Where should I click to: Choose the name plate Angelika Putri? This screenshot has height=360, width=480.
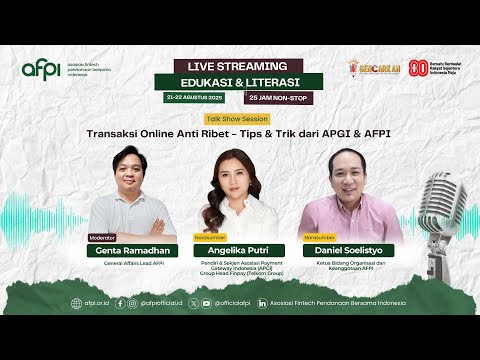(x=239, y=253)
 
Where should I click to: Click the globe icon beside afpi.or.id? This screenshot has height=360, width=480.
(x=75, y=303)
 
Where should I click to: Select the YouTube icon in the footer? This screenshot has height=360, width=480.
(x=206, y=303)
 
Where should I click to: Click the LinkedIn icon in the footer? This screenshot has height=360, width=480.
(x=262, y=303)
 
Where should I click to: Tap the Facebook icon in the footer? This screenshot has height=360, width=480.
(x=120, y=303)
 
